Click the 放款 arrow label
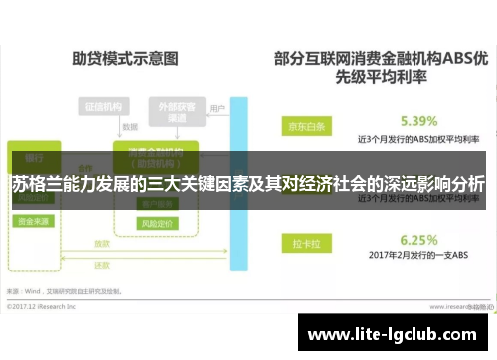[x=101, y=243]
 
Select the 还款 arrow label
[x=101, y=266]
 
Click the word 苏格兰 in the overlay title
[x=36, y=184]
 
